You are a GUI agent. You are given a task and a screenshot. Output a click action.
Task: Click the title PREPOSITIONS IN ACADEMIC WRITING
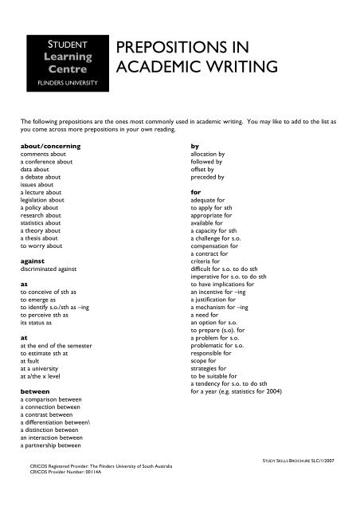197,58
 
